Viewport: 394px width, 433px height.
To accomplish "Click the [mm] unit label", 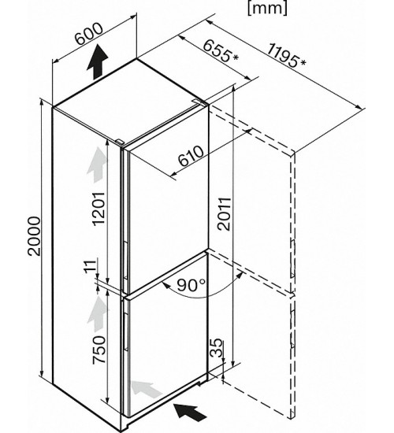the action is point(267,9).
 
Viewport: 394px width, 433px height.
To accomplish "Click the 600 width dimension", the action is point(89,33).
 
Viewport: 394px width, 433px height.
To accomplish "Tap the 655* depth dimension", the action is point(221,51).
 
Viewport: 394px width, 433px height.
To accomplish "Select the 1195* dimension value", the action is point(287,57).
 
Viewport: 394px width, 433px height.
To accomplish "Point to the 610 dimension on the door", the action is point(191,156).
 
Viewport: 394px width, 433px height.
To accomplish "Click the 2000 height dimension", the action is point(35,236).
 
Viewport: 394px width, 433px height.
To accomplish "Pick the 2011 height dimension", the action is point(224,213).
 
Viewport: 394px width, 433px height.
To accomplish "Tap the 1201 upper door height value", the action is point(98,209).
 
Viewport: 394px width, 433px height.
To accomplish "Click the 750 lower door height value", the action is point(98,350).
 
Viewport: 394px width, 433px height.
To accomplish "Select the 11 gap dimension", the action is point(91,265).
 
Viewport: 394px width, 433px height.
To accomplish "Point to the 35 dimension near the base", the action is point(216,347).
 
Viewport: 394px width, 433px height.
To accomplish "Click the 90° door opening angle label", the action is point(191,285).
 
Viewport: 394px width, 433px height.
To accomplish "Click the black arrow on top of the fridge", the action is point(98,62).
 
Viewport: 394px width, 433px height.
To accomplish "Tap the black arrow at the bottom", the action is point(190,412).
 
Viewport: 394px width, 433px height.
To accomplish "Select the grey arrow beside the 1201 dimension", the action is point(96,165).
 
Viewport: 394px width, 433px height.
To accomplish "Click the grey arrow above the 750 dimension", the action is point(98,313).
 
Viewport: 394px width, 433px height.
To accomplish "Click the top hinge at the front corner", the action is point(120,142).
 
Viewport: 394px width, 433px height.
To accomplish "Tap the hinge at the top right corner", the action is point(199,102).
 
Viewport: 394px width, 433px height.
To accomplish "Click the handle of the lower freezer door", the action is point(125,331).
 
